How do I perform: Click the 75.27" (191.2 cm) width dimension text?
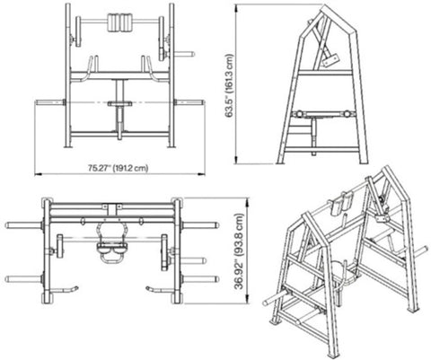coord(118,168)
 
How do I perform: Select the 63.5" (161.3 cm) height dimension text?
coord(229,85)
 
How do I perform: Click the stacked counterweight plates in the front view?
coord(120,22)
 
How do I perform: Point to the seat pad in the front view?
coord(119,103)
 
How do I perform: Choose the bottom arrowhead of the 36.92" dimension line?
coord(247,300)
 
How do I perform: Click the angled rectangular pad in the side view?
coord(330,59)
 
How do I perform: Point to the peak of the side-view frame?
coord(324,6)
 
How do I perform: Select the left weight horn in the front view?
coord(49,102)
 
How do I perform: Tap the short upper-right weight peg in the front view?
coord(184,54)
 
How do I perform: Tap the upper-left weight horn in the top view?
coord(24,225)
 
